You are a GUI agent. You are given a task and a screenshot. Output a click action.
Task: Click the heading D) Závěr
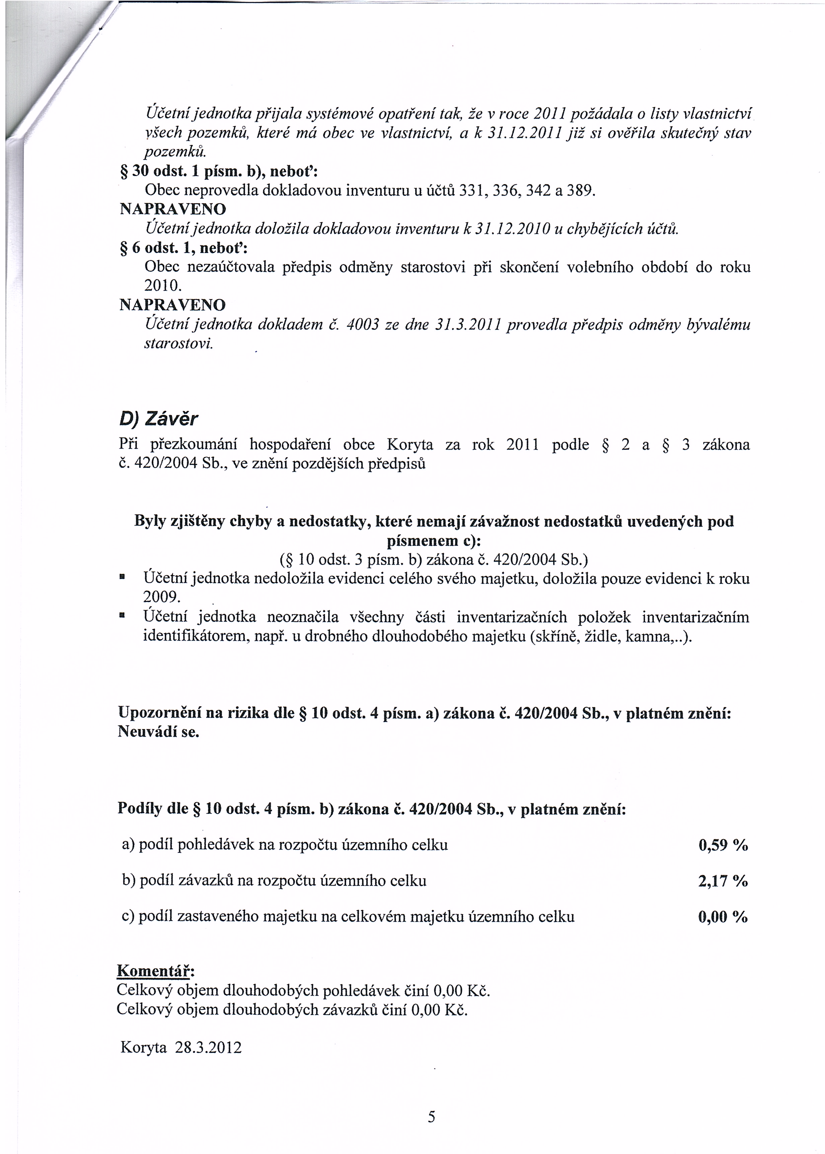tap(158, 419)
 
